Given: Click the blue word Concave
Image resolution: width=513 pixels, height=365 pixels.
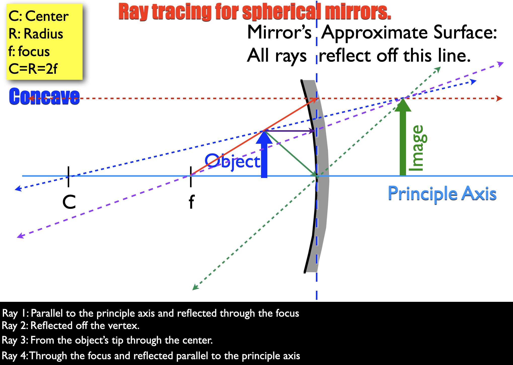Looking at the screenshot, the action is [x=44, y=96].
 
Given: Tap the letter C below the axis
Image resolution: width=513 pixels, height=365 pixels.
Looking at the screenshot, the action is [x=69, y=202].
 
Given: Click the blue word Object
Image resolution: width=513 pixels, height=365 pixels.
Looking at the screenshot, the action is [x=232, y=161].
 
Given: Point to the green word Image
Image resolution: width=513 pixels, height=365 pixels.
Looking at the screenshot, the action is [x=418, y=148].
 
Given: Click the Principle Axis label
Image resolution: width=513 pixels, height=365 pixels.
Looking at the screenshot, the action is [x=442, y=194].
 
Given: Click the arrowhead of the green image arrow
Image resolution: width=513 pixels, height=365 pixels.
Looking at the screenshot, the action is [x=403, y=105].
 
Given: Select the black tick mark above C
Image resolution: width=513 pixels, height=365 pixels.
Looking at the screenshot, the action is [x=68, y=177].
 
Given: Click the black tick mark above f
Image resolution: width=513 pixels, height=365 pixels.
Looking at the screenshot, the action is [x=191, y=177].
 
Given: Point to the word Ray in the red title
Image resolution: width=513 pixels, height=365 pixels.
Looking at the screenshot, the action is [x=133, y=12].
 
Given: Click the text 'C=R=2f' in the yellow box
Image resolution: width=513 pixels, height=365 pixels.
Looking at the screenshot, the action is [x=33, y=69].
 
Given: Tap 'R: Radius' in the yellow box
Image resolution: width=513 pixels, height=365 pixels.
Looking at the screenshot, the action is [x=36, y=34].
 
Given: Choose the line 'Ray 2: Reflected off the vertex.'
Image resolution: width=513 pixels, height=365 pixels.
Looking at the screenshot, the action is [x=70, y=326].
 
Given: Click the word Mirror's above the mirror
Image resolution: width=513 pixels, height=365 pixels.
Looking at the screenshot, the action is [x=279, y=32].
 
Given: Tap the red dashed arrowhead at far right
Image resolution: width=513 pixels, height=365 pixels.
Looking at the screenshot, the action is [x=499, y=98].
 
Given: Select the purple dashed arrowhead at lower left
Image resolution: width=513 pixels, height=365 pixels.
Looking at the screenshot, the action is [x=20, y=235].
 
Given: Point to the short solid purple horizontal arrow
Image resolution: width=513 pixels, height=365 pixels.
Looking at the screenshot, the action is [x=289, y=131].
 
